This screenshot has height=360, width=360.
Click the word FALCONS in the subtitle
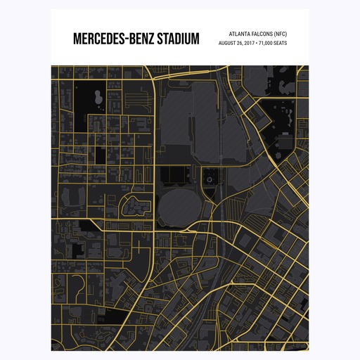(264, 33)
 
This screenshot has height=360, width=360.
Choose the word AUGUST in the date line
(229, 43)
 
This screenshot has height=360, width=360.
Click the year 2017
(249, 43)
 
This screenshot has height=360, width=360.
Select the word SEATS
(280, 43)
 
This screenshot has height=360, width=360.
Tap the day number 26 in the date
(240, 43)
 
